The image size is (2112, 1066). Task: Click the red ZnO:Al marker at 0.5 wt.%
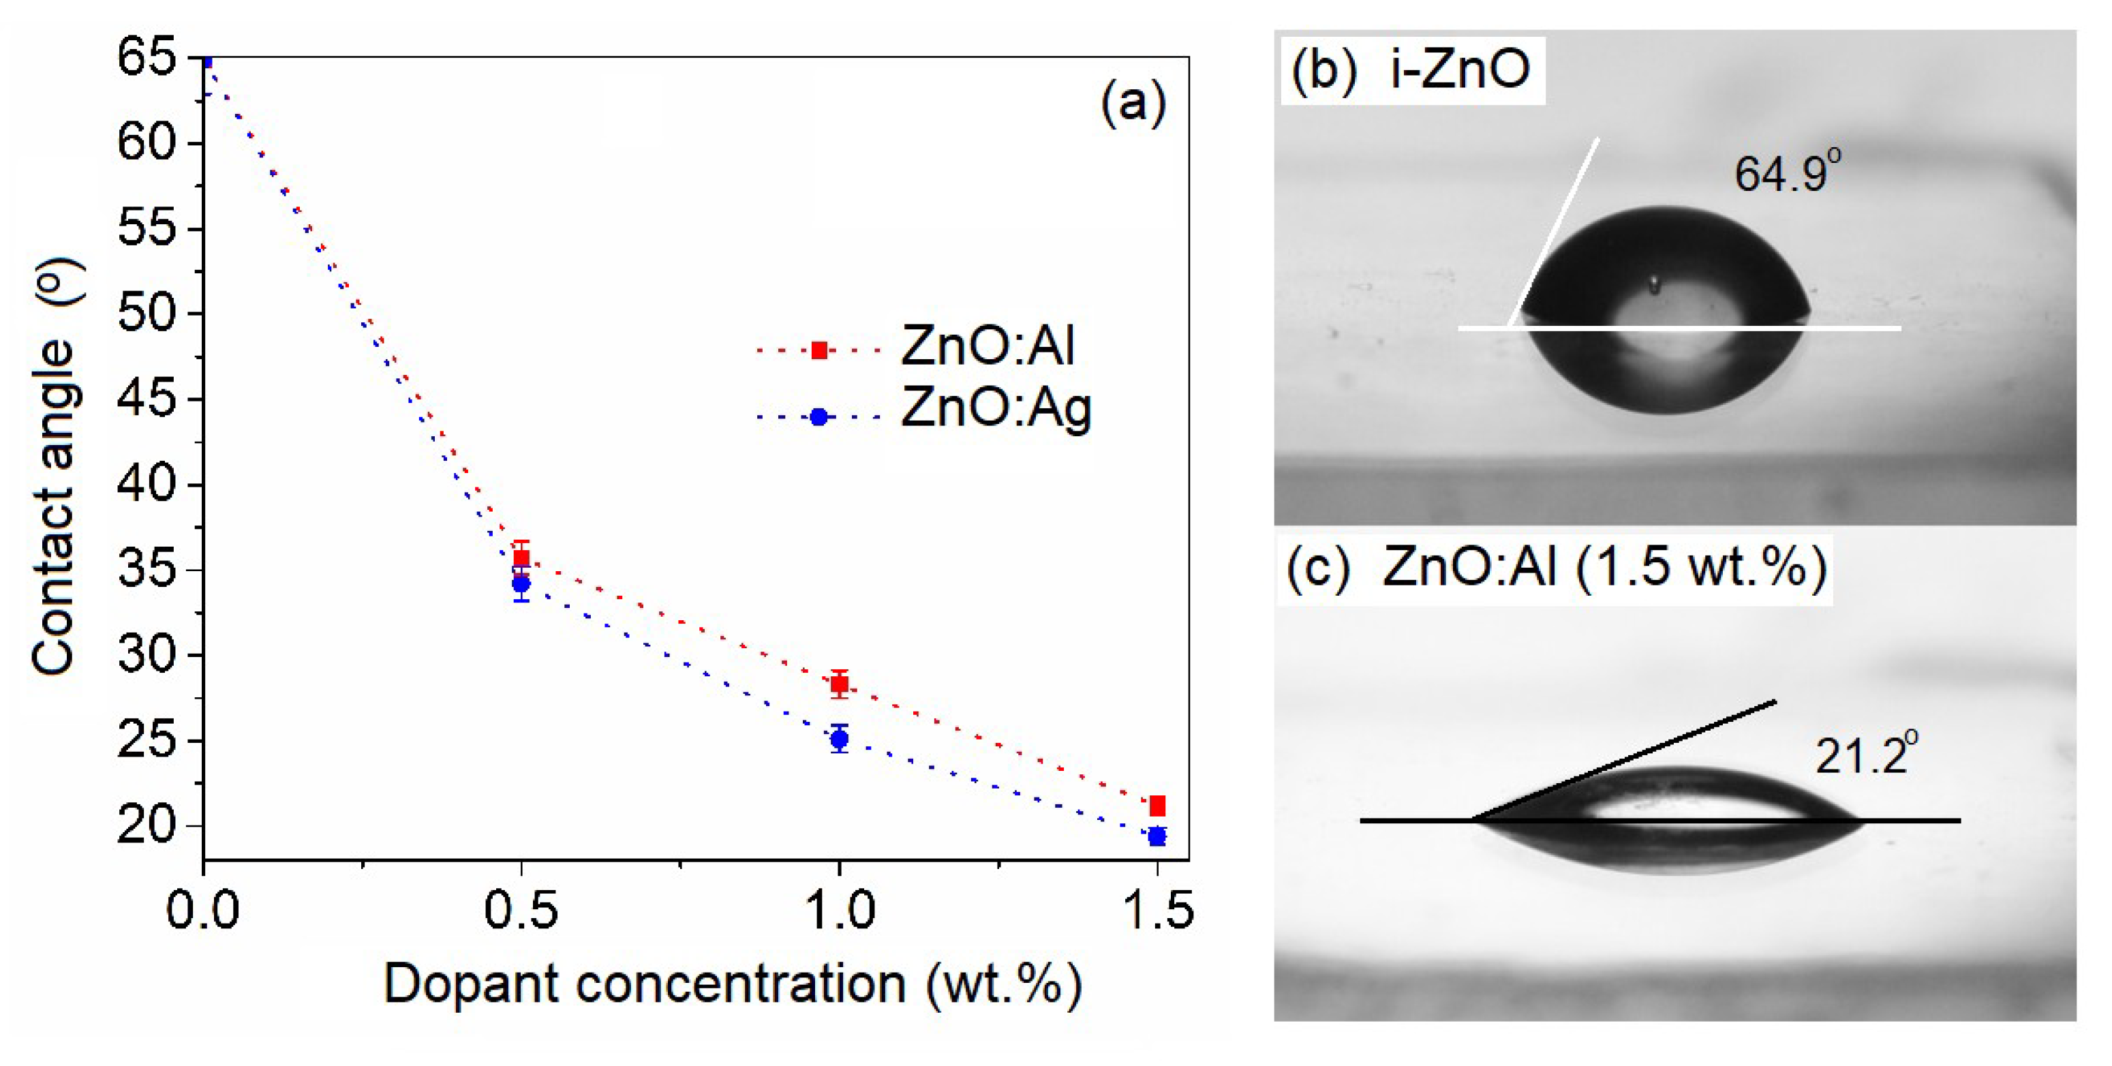tap(521, 558)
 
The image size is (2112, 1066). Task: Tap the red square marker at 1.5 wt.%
tap(1157, 806)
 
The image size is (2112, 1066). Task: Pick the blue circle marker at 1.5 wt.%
tap(1157, 836)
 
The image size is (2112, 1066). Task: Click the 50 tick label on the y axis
tap(148, 314)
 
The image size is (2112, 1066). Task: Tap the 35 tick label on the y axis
tap(148, 570)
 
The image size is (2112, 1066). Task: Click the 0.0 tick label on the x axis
tap(202, 910)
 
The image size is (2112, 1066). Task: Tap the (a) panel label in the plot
tap(1133, 104)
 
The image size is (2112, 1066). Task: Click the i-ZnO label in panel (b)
tap(1459, 68)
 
